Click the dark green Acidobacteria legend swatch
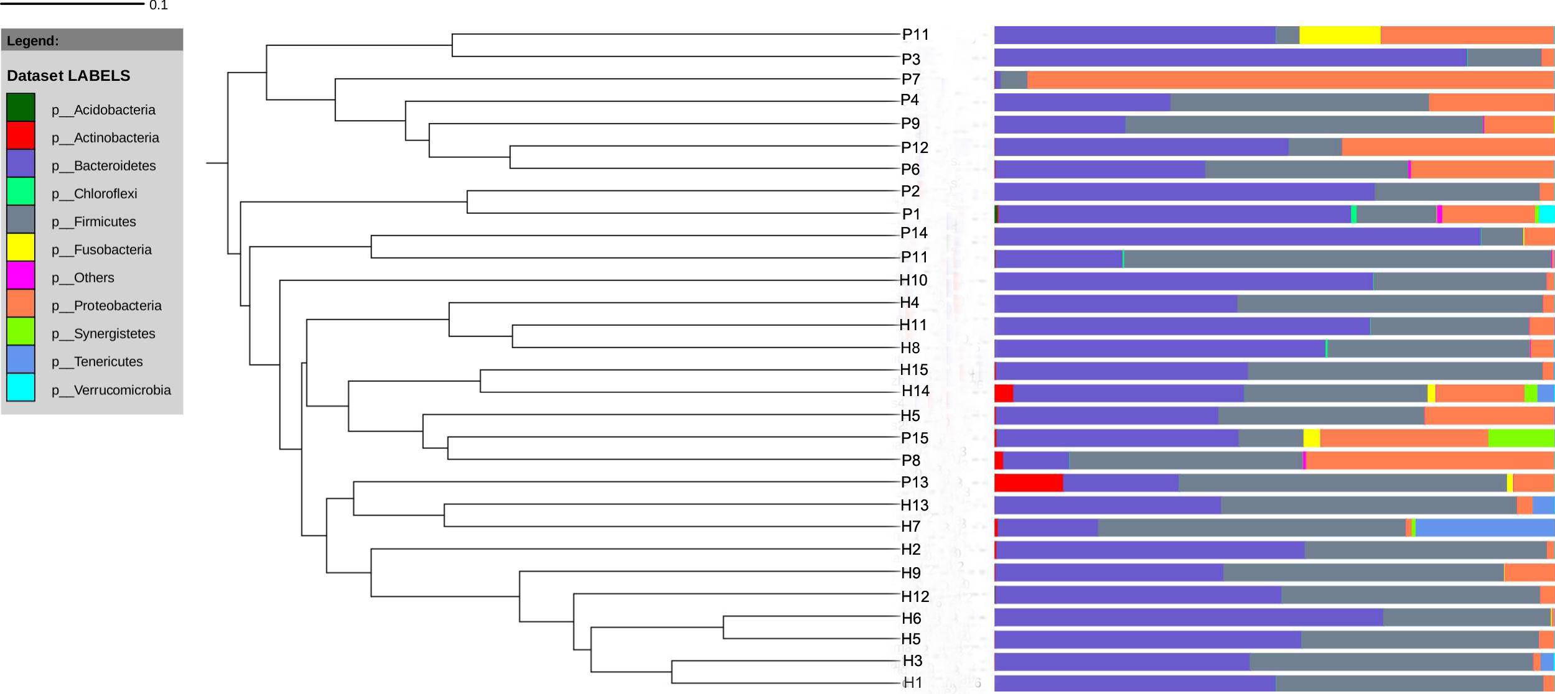click(x=21, y=108)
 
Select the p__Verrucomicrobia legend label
click(x=111, y=390)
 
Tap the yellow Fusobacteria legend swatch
click(x=21, y=248)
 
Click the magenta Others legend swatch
click(x=21, y=275)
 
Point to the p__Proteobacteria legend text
click(x=106, y=305)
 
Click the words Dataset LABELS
click(x=68, y=75)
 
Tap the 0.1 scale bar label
click(x=159, y=6)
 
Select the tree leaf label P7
click(x=910, y=79)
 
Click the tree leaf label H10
click(x=913, y=280)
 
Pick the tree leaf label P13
click(x=914, y=482)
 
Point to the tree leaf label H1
click(x=912, y=682)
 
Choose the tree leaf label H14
click(x=915, y=391)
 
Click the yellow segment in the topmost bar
click(x=1339, y=35)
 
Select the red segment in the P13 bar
click(x=1028, y=483)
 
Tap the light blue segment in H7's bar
click(x=1484, y=527)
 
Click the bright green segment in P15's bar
click(x=1521, y=438)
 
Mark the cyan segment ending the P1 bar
click(x=1546, y=214)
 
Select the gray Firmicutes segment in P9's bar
click(x=1304, y=124)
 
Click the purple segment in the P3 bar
click(x=1230, y=57)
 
